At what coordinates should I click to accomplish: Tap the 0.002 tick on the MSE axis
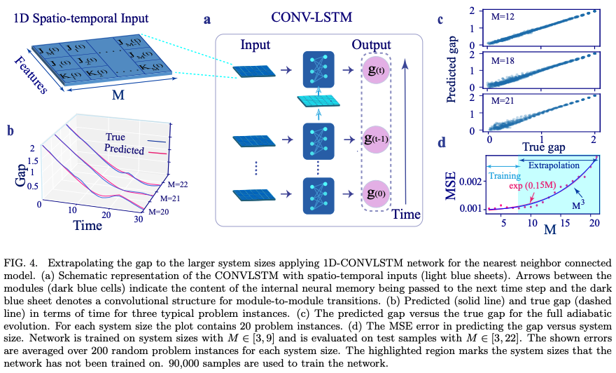coord(468,181)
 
